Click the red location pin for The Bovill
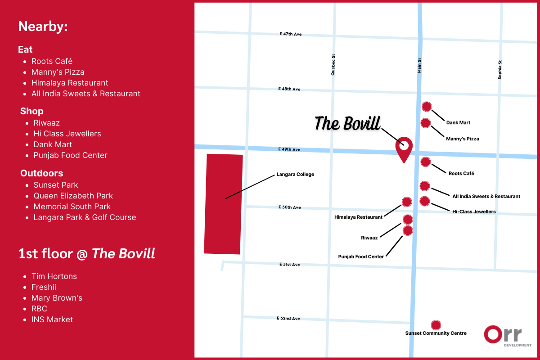[x=404, y=147]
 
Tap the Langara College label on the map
[x=295, y=175]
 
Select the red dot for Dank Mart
[x=427, y=107]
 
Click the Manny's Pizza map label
[x=463, y=139]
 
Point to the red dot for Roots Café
[x=425, y=162]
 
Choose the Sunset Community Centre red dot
[x=436, y=325]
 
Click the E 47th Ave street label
[x=290, y=34]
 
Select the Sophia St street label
[x=499, y=70]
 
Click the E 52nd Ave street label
[x=288, y=319]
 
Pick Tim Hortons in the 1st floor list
[x=54, y=276]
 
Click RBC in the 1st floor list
[x=39, y=309]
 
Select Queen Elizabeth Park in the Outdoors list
[x=73, y=196]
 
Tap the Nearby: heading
[x=43, y=27]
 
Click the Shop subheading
[x=32, y=111]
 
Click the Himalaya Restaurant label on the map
[x=358, y=217]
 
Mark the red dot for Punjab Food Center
[x=408, y=231]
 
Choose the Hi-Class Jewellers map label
[x=474, y=211]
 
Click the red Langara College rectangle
[x=223, y=204]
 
